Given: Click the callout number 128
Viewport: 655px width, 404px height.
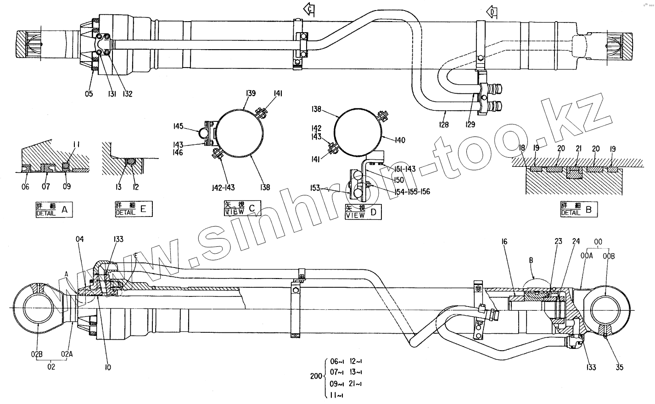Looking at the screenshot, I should [x=443, y=124].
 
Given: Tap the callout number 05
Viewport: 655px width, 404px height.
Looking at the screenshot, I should [x=89, y=94].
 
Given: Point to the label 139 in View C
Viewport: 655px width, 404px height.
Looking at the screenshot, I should [x=250, y=94].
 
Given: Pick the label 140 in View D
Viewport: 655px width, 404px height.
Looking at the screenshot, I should [x=400, y=141].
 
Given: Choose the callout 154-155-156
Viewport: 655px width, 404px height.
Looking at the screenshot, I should [x=412, y=191].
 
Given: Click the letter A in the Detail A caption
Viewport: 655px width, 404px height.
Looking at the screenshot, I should [x=64, y=211].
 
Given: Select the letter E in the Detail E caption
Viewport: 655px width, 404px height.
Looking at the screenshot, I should [x=143, y=211].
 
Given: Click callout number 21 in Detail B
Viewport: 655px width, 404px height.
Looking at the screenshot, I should [x=578, y=149].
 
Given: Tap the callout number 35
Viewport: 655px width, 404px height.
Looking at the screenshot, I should [x=620, y=367].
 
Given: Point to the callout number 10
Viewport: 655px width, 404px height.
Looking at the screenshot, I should [x=107, y=367].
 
